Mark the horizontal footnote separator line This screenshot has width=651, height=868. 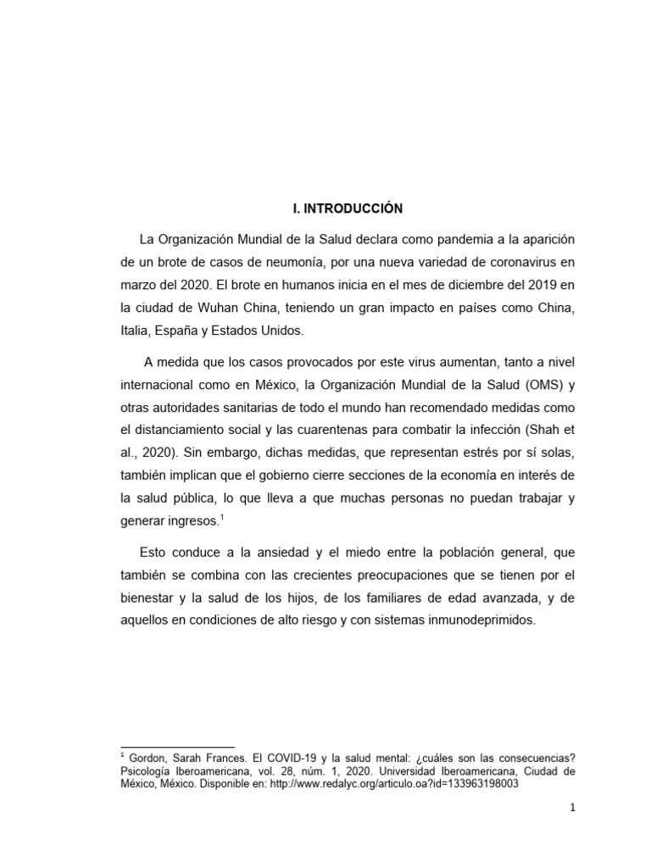178,747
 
